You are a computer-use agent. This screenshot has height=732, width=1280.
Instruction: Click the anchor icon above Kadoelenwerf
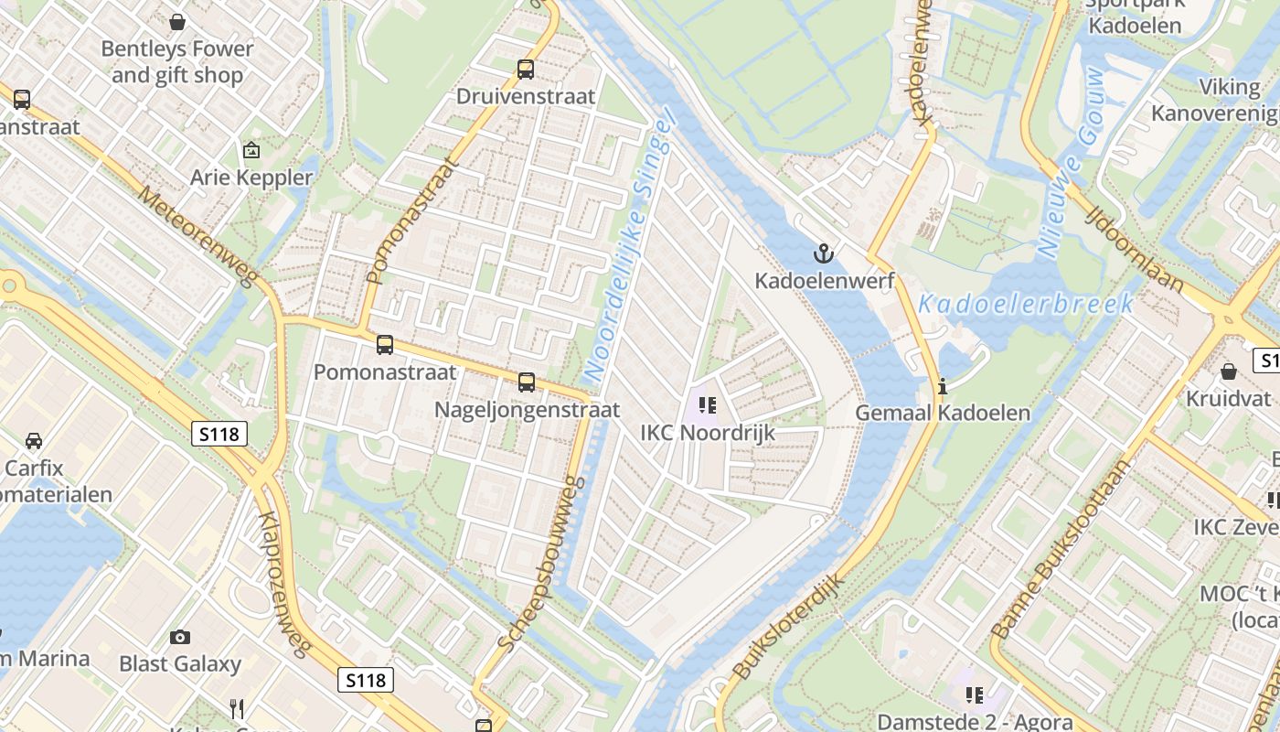(x=824, y=253)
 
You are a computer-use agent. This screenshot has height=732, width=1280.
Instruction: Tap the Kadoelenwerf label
(x=824, y=281)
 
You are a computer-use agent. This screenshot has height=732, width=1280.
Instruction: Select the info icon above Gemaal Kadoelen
(x=943, y=386)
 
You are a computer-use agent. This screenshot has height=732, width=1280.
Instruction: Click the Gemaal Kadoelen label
(x=943, y=414)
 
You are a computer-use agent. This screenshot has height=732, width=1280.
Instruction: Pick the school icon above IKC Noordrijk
(x=707, y=404)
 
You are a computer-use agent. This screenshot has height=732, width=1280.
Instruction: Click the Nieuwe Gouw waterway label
(x=1071, y=163)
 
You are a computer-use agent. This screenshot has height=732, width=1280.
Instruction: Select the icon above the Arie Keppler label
(x=251, y=150)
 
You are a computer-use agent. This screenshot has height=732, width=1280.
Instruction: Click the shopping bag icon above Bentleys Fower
(x=177, y=21)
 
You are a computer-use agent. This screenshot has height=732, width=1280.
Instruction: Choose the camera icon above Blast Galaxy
(x=180, y=637)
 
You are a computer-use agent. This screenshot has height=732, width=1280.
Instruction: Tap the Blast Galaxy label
(x=180, y=664)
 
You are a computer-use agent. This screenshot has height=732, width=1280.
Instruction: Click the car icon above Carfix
(x=34, y=441)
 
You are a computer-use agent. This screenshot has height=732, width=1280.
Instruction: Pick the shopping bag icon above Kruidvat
(x=1229, y=371)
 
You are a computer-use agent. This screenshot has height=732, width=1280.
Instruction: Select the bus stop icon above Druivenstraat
(x=526, y=69)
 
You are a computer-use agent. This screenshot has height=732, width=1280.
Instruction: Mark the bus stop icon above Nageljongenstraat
(x=527, y=382)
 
